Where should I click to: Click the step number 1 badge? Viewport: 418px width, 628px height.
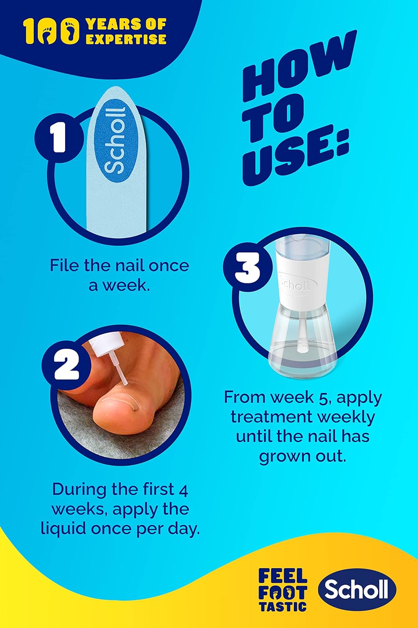click(59, 138)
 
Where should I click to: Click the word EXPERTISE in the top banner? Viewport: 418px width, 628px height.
click(126, 39)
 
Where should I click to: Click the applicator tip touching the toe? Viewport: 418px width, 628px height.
click(126, 382)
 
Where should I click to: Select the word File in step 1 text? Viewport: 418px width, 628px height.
click(64, 265)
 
